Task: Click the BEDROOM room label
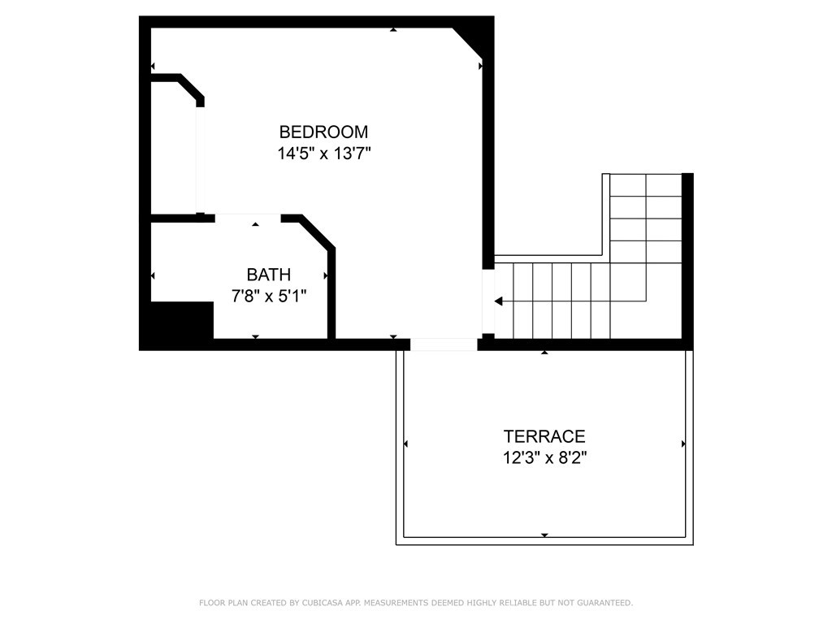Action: [x=323, y=132]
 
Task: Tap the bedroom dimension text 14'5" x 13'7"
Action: [x=323, y=154]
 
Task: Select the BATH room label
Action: [x=268, y=275]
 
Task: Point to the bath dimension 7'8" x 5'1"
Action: [x=269, y=296]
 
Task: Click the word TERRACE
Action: [x=544, y=436]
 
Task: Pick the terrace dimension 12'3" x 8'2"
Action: [x=544, y=457]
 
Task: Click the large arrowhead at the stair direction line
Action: [x=498, y=301]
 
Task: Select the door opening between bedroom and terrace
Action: [x=444, y=344]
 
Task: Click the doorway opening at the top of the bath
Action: [x=248, y=218]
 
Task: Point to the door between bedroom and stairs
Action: [x=488, y=301]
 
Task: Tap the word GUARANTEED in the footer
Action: [x=604, y=603]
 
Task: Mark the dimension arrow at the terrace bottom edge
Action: [x=544, y=535]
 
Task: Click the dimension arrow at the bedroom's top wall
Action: [x=393, y=29]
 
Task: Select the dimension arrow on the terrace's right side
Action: [x=683, y=444]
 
